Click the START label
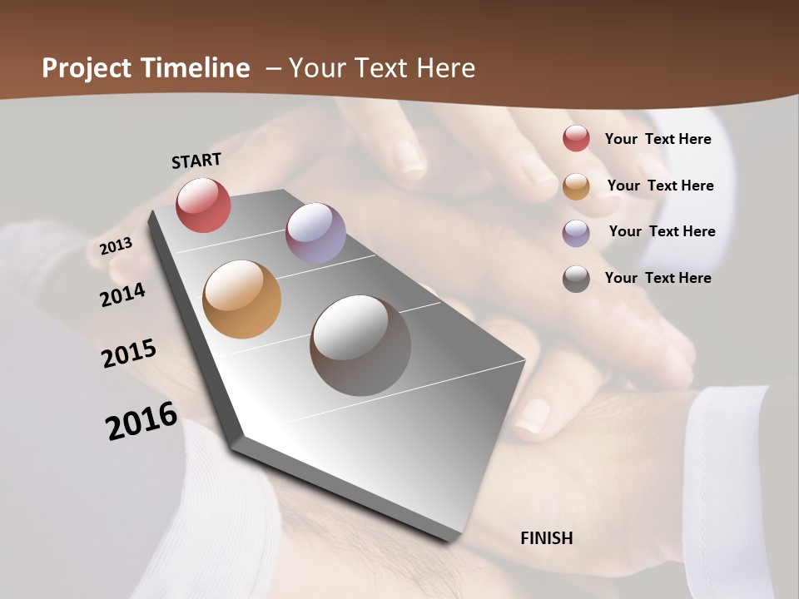tap(196, 160)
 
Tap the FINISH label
tap(546, 538)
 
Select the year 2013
tap(116, 246)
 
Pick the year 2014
tap(122, 295)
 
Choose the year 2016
tap(141, 421)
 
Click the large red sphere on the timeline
tap(203, 205)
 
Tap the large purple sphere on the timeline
tap(315, 233)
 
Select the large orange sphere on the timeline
tap(241, 299)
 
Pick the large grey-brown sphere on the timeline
tap(360, 345)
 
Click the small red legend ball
tap(576, 138)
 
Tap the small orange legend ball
tap(576, 186)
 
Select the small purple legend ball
tap(576, 232)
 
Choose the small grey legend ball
tap(576, 279)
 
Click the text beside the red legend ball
tap(658, 139)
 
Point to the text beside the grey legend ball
tap(658, 278)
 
